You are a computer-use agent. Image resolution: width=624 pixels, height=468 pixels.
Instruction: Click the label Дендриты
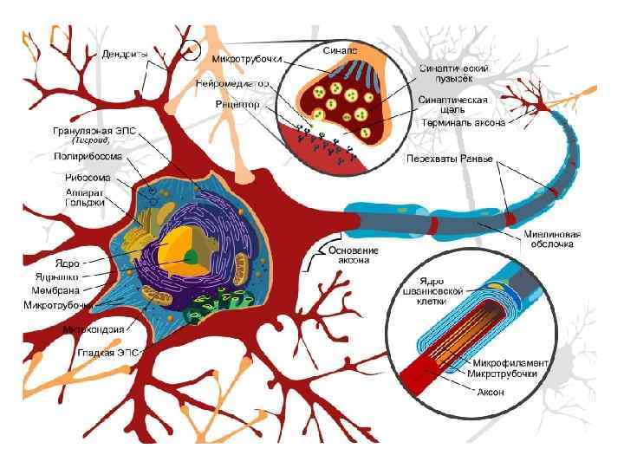point(125,54)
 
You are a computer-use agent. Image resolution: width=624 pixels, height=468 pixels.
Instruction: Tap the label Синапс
point(340,51)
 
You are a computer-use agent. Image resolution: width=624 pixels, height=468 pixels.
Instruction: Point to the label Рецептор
point(237,104)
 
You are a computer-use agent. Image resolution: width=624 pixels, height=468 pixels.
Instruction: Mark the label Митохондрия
point(92,329)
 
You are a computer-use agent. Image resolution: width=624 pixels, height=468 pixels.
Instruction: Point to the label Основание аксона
point(353,254)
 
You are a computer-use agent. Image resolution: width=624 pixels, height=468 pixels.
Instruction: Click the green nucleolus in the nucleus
point(190,256)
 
